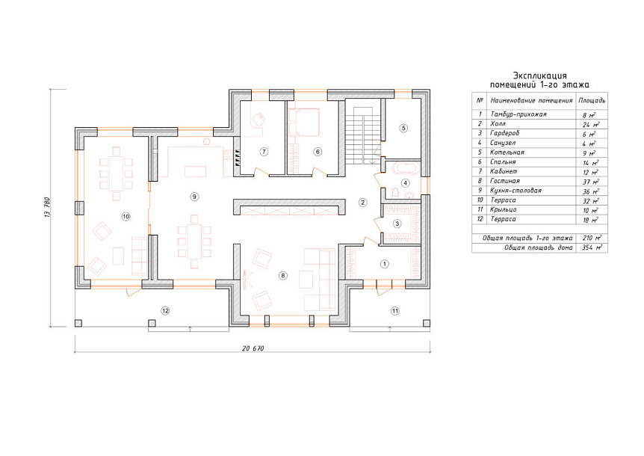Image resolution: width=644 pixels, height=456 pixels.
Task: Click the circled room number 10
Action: coord(126,216)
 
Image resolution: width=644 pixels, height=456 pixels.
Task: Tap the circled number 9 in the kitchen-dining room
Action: coord(194,197)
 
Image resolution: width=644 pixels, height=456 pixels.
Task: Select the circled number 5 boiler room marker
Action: coord(403,128)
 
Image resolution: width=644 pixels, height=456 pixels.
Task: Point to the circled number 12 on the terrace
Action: coord(165,310)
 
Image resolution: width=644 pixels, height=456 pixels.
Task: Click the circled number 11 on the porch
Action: coord(394,311)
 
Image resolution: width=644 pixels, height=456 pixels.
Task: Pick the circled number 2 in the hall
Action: coord(362,202)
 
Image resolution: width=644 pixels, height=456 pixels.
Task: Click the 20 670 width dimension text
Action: coord(253,348)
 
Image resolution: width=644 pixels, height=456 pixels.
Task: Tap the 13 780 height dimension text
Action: coord(47,208)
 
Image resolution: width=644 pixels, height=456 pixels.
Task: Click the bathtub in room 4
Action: coord(406,168)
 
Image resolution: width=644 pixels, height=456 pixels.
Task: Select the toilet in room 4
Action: coord(395,192)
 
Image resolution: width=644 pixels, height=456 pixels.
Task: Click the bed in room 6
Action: coord(304,122)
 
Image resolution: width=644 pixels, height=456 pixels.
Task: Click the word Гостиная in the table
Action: coord(505,181)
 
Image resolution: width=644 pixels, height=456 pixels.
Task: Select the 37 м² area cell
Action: coord(591,182)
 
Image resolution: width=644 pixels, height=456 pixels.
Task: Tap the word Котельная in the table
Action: coord(507,152)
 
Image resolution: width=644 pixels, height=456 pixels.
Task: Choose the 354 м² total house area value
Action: coord(592,247)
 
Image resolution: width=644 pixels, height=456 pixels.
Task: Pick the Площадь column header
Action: coord(592,100)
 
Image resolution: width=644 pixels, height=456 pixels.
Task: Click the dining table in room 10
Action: coord(117,173)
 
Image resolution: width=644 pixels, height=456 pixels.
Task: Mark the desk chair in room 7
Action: coord(258,120)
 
